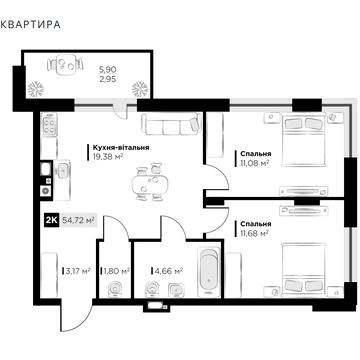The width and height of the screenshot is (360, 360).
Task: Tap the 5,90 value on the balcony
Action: click(x=92, y=69)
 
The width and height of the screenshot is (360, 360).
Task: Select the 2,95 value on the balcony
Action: click(x=92, y=78)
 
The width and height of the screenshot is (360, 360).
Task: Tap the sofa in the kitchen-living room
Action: click(x=170, y=126)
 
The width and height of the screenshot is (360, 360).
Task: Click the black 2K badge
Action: click(x=49, y=221)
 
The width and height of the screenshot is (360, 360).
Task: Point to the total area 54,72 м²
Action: click(x=79, y=221)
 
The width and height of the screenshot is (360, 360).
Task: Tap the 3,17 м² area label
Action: click(x=76, y=270)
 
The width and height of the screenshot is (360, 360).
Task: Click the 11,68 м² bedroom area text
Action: click(x=257, y=234)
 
